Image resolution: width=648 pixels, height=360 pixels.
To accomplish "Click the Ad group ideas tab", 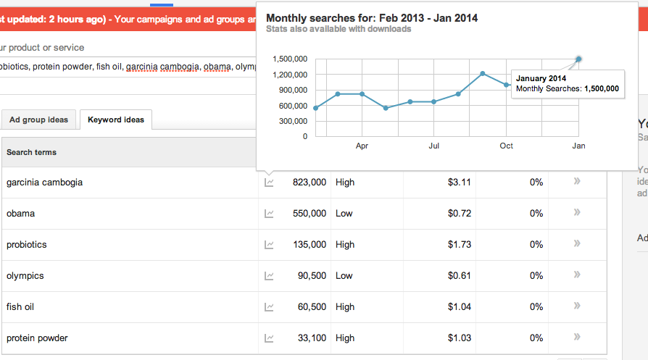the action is [x=38, y=120].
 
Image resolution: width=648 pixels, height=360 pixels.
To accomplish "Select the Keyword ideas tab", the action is [x=116, y=120].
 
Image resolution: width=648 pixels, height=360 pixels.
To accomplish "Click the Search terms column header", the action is [x=31, y=152].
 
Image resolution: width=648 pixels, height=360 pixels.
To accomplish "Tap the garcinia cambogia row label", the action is [x=45, y=183].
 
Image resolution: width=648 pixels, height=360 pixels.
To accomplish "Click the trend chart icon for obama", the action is [x=269, y=214].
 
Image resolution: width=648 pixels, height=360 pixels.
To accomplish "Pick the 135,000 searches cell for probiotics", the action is [x=310, y=244].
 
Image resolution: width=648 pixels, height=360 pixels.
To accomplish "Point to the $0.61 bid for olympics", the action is [x=459, y=276].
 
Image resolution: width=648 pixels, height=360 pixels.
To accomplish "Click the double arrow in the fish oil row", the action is [x=577, y=306].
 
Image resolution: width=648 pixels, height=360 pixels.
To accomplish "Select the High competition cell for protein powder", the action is [x=345, y=338].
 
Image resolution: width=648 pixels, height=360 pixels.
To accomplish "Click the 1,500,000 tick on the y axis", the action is [x=290, y=59].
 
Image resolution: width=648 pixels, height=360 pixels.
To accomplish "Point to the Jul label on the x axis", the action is [x=434, y=146].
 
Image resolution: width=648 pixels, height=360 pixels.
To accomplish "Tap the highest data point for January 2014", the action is [x=578, y=59].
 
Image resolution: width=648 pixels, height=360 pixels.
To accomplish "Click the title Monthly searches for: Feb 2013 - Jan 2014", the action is [x=372, y=18].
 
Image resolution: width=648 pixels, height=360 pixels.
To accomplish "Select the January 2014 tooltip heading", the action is [x=541, y=78].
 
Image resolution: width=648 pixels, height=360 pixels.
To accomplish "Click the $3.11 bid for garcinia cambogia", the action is [x=459, y=183].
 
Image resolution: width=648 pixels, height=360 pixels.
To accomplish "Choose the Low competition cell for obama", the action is [x=344, y=214].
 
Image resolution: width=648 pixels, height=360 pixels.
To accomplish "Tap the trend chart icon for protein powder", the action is [x=269, y=338].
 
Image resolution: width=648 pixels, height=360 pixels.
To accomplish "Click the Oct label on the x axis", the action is [x=506, y=146].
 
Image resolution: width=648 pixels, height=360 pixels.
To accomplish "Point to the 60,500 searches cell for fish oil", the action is [x=312, y=306].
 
